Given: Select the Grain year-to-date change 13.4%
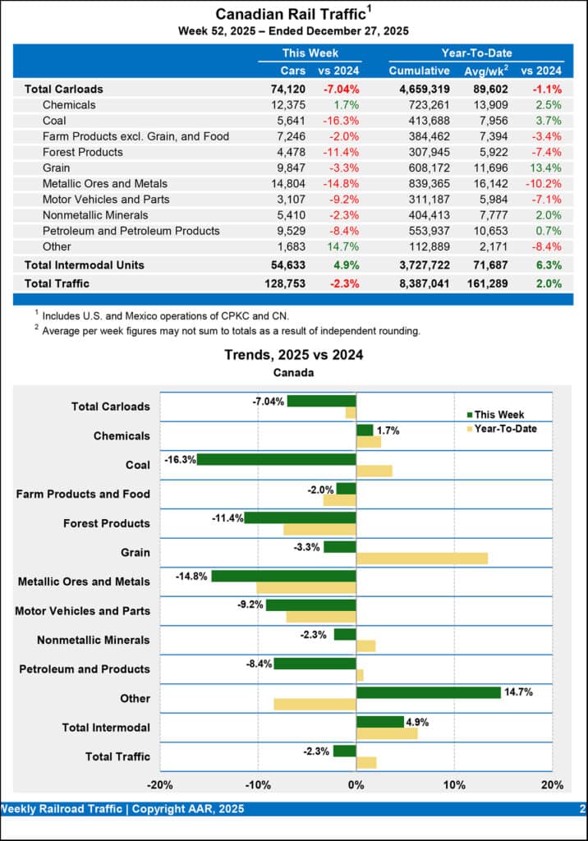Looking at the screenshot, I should (545, 168).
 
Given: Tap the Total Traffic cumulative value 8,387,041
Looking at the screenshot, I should (419, 283).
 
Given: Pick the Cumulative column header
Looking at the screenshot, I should (419, 71).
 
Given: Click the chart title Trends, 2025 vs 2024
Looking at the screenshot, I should (294, 356).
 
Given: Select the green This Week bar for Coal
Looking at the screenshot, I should (276, 459).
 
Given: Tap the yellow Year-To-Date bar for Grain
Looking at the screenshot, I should (421, 558).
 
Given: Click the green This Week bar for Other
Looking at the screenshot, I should (428, 692).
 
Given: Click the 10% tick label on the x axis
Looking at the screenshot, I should (454, 784).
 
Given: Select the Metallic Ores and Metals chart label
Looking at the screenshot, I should (84, 581).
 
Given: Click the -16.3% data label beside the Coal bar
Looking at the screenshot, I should (180, 459).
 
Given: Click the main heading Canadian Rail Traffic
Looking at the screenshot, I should (289, 14).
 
